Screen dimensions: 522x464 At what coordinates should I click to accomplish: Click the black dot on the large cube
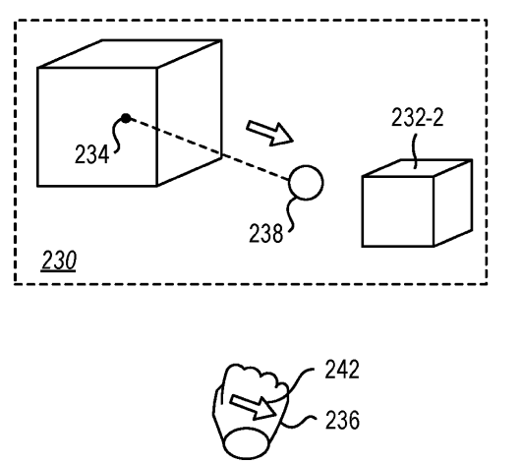pos(126,118)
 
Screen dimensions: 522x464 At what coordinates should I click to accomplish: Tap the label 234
pos(91,154)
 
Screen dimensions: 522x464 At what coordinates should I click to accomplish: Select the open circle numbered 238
pos(306,183)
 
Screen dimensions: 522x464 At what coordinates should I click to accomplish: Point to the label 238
pos(266,233)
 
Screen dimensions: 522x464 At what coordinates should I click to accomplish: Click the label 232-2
pos(418,117)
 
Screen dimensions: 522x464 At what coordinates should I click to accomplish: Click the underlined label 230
pos(59,261)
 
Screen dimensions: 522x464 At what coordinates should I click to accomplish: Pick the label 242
pos(342,370)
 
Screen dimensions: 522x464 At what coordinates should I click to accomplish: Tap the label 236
pos(342,420)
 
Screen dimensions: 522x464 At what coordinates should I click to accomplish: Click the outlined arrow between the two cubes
pos(269,133)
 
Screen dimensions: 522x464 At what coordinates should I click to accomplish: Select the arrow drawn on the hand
pos(253,406)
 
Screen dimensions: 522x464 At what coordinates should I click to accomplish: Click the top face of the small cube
pos(418,168)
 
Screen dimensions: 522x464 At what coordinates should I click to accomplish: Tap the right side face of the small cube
pos(453,203)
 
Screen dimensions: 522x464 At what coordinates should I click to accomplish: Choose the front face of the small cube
pos(398,211)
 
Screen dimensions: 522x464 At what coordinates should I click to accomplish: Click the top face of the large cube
pos(130,54)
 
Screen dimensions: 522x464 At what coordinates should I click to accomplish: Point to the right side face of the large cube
pos(190,113)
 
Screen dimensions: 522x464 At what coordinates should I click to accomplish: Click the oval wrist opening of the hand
pos(246,443)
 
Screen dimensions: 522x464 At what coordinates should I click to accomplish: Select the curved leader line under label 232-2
pos(415,151)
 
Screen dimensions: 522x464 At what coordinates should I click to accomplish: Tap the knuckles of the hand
pos(257,377)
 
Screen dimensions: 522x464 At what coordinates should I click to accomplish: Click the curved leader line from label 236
pos(298,422)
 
